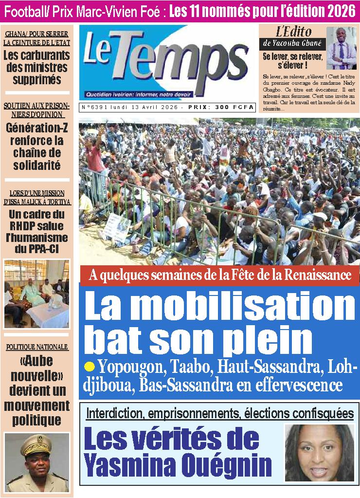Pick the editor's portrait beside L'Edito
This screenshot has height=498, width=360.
click(x=341, y=48)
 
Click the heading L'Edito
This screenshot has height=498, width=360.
click(x=293, y=32)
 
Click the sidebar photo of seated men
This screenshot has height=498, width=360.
click(x=37, y=294)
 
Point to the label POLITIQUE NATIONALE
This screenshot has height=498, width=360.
click(x=37, y=347)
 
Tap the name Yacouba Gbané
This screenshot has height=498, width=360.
click(x=294, y=44)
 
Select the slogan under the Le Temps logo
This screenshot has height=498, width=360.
click(x=138, y=94)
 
